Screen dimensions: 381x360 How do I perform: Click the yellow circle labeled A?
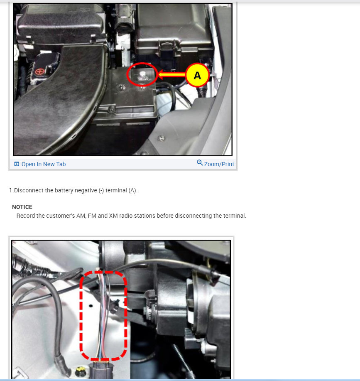coord(197,75)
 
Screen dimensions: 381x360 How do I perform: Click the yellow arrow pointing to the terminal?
coord(171,75)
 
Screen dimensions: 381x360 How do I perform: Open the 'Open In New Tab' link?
coord(43,164)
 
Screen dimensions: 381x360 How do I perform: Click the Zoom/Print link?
coord(219,164)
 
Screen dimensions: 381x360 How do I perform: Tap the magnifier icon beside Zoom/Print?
coord(200,163)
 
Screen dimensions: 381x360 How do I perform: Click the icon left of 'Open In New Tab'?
coord(16,164)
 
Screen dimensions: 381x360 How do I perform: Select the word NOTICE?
coord(22,207)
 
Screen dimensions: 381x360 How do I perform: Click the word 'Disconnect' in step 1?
coord(28,190)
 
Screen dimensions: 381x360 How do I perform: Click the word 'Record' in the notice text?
coord(25,216)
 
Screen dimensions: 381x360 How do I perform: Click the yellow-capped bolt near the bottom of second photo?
coord(78,370)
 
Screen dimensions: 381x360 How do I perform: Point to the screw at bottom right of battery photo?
coord(161,138)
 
